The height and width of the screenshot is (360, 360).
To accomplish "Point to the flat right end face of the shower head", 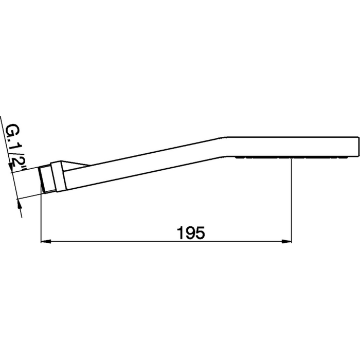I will (x=356, y=147).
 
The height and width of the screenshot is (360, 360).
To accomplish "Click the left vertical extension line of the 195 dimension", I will (x=40, y=216).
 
